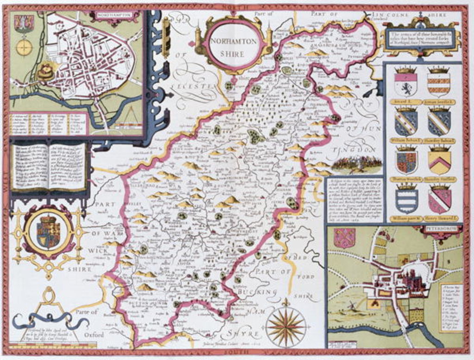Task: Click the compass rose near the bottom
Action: (286, 327)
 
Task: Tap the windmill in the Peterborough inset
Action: (352, 306)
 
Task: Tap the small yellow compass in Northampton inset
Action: (24, 47)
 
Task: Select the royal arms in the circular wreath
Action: (48, 230)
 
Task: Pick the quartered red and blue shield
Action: (406, 162)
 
